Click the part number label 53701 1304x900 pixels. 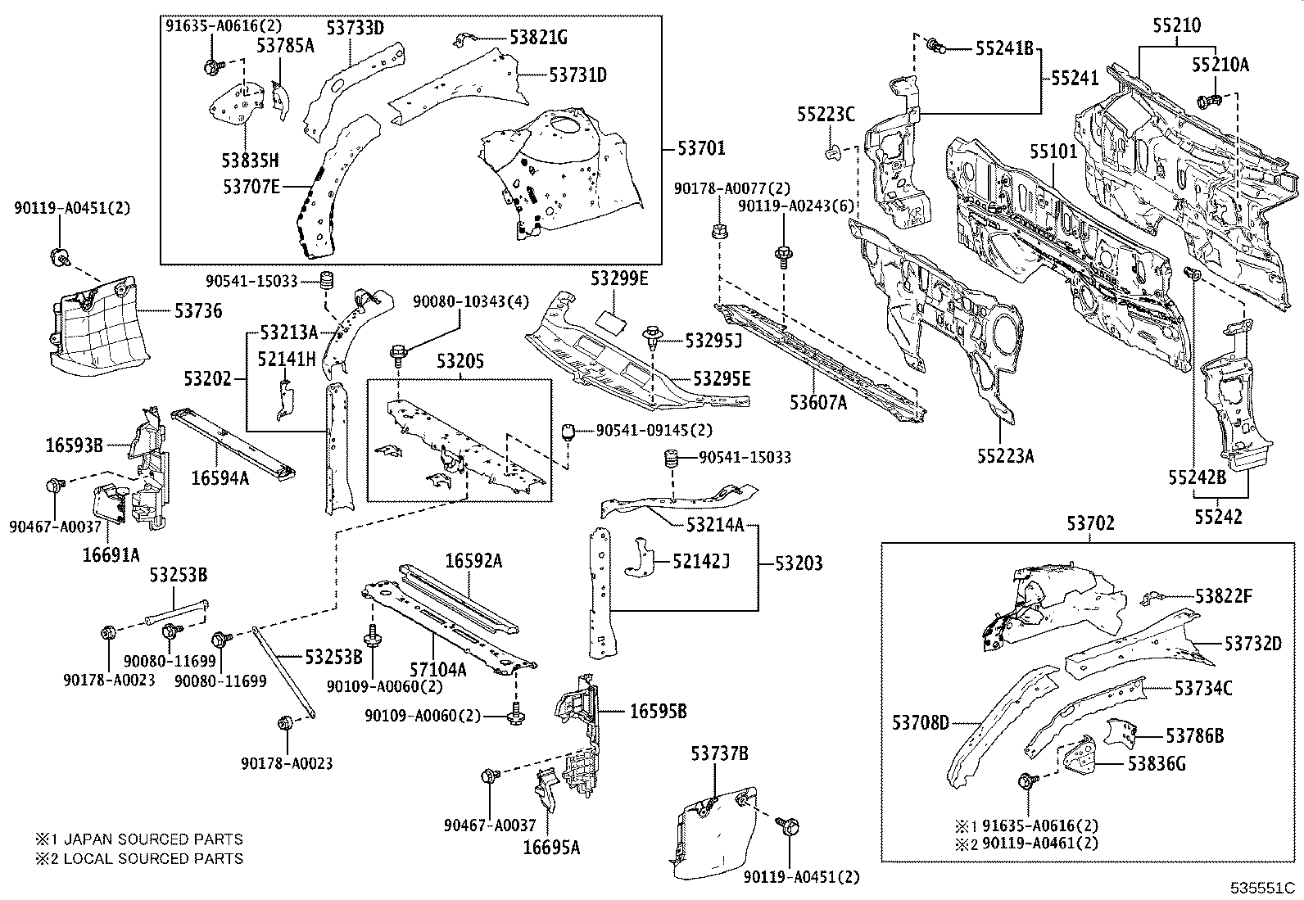[700, 148]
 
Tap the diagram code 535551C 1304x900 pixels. [1261, 888]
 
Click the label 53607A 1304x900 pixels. [819, 402]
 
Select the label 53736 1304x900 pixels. [197, 311]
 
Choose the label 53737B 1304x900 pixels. [718, 753]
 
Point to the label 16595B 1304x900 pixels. [658, 711]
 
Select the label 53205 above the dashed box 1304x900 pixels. [460, 361]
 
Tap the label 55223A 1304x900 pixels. [1004, 455]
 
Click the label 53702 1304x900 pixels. [1090, 522]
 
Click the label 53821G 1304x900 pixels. [538, 37]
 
